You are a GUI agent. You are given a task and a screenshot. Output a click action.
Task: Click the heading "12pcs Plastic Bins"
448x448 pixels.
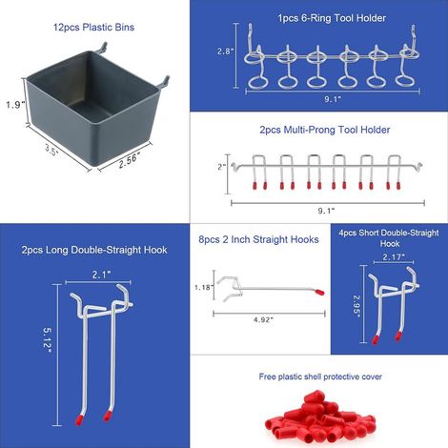tap(93, 28)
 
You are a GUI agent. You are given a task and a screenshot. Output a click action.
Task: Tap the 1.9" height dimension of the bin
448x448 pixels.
tap(15, 104)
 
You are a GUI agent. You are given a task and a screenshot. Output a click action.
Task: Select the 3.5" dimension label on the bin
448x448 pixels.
tap(51, 150)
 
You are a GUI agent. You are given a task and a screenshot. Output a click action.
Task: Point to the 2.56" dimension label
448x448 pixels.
tap(130, 160)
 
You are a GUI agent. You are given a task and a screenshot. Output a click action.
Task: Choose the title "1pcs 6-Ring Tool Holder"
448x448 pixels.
tap(332, 18)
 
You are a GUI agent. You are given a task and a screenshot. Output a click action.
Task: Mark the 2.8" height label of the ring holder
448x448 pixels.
tap(225, 51)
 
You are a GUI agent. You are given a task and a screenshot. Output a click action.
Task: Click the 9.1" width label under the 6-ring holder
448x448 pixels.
tap(333, 99)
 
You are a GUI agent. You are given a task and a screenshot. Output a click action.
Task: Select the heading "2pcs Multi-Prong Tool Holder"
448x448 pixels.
tap(325, 130)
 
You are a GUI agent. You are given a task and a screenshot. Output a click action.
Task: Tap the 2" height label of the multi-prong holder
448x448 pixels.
tap(221, 167)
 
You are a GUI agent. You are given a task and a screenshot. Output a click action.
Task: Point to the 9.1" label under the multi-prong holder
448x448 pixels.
tap(326, 211)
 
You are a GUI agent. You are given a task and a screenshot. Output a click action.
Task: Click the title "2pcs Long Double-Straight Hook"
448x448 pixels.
tap(94, 250)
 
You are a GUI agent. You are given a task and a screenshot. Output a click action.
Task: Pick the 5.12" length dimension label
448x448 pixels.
tap(47, 340)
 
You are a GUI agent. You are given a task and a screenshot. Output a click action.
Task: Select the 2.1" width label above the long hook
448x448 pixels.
tap(102, 275)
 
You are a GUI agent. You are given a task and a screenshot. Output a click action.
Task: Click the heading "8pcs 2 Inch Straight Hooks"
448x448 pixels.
tap(258, 239)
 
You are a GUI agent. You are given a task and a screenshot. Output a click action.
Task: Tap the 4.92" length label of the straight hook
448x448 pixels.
tap(263, 320)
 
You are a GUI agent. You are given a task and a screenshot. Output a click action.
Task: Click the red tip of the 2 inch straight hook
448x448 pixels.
tap(319, 292)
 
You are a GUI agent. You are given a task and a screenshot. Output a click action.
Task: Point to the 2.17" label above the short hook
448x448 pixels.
tap(394, 256)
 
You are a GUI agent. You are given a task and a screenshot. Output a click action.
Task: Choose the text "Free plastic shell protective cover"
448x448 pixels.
tap(320, 377)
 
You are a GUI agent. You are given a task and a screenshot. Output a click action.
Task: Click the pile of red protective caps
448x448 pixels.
tap(320, 416)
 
